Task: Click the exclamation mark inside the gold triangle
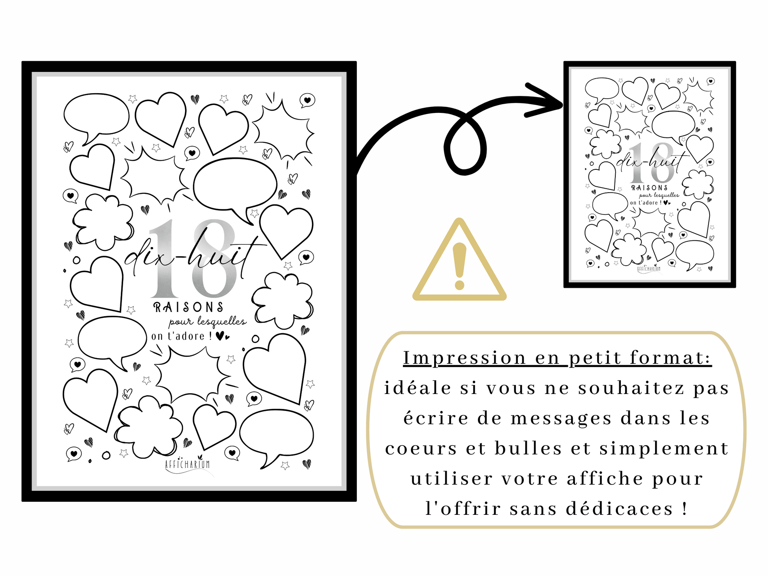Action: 459,266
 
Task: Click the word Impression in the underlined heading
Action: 465,358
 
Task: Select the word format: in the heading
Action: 671,358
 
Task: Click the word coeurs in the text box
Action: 421,449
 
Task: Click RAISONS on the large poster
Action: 188,307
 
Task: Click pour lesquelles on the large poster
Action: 208,322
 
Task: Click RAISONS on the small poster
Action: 649,188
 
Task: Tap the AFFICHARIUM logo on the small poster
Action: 649,268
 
